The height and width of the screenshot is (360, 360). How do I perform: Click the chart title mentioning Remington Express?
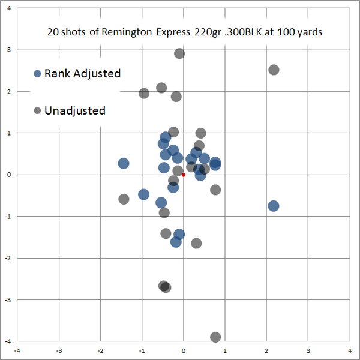(x=185, y=32)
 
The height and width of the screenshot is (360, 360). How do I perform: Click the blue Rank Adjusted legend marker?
(x=37, y=74)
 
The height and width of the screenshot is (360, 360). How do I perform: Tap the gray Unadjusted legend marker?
(x=37, y=110)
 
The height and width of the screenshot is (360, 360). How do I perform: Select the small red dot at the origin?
(x=184, y=175)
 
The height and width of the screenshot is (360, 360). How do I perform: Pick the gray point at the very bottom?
(x=215, y=337)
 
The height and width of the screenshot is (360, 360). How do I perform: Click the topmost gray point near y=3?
(x=179, y=53)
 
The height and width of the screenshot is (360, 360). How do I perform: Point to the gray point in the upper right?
(x=274, y=70)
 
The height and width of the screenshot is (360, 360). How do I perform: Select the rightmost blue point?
(x=274, y=206)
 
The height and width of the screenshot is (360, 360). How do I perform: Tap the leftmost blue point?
(x=124, y=163)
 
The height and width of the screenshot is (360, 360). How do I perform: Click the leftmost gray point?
(x=124, y=199)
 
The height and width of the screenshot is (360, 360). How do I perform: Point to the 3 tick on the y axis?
(x=8, y=50)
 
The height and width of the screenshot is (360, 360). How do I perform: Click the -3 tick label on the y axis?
(x=7, y=299)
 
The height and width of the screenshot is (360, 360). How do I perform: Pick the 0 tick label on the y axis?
(x=8, y=175)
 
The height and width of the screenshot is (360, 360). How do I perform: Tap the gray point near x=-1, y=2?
(x=144, y=93)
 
